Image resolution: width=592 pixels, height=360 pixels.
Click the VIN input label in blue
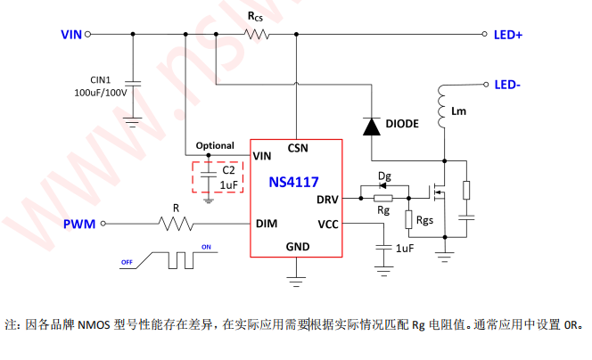pos(71,35)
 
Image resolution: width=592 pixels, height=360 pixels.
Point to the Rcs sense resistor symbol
pos(258,35)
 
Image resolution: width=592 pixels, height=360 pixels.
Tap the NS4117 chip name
pos(294,182)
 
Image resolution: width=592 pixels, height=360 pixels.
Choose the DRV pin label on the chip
pos(327,199)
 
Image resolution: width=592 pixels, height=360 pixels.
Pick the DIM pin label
pos(266,223)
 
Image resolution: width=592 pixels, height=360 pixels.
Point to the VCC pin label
pos(327,223)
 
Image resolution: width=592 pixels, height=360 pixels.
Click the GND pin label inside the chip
pos(298,246)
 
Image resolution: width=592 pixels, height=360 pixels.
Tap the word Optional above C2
pos(215,145)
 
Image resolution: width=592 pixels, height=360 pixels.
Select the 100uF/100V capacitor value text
pos(101,92)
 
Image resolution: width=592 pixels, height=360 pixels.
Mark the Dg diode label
pos(384,176)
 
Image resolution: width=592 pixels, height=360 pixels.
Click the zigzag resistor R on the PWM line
pos(176,224)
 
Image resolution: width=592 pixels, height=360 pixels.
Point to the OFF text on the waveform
pos(127,262)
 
